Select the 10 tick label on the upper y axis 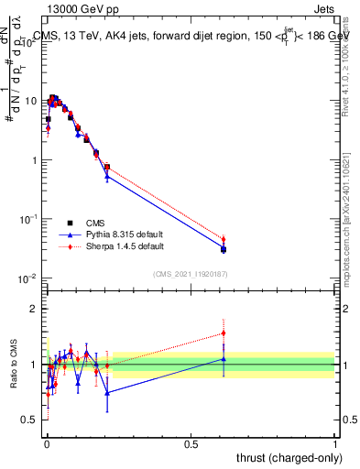pos(31,101)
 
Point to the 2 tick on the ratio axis pos(36,309)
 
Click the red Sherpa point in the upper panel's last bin pos(223,240)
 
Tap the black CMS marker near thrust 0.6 pos(224,249)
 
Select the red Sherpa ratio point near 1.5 pos(223,333)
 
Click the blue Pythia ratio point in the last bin pos(223,359)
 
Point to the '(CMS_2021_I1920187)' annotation pos(191,273)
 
